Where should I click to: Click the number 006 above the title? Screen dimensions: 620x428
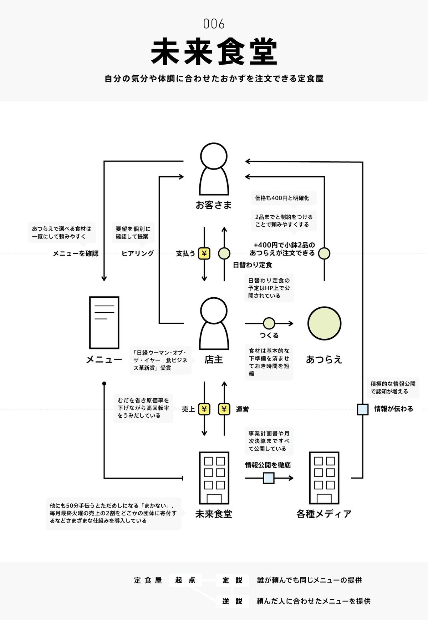tap(214, 24)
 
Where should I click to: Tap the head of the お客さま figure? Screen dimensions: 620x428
tap(214, 156)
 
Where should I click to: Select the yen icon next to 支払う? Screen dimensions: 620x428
tap(204, 253)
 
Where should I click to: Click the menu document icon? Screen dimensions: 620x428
tap(104, 322)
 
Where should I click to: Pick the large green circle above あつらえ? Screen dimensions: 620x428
tap(324, 323)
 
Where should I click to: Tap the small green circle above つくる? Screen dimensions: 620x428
tap(269, 323)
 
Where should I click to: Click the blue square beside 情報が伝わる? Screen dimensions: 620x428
tap(362, 409)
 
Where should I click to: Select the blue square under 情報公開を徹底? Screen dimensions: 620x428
tap(269, 478)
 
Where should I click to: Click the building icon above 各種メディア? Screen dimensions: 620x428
tap(324, 478)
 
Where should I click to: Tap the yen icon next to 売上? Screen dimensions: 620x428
tap(204, 409)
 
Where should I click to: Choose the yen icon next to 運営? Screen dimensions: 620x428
tap(224, 409)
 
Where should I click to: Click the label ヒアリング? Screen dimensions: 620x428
tap(137, 253)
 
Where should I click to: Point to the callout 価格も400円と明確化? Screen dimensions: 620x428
tap(282, 198)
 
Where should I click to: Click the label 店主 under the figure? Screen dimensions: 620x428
tap(214, 359)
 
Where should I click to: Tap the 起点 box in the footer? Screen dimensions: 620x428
tap(185, 580)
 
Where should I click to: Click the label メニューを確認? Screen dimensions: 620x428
tap(76, 253)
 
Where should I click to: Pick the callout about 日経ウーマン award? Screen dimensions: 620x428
tap(160, 360)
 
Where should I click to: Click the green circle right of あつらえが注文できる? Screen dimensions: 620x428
tap(324, 253)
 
